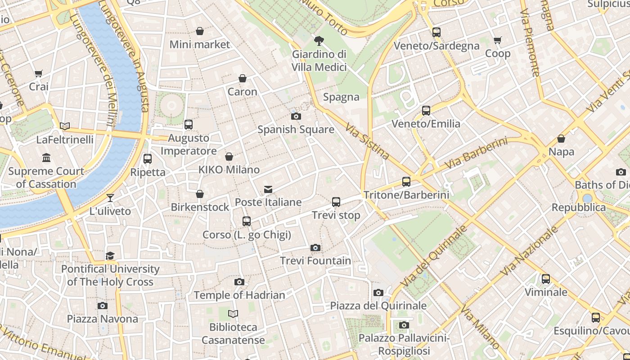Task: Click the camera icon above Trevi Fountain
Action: click(x=315, y=247)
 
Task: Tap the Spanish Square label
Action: click(x=296, y=130)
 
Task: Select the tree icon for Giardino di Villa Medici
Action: click(x=319, y=41)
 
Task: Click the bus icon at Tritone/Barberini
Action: click(x=406, y=182)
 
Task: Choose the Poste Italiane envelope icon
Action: click(x=268, y=189)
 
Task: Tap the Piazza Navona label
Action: click(x=103, y=319)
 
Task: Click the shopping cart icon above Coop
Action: click(x=498, y=40)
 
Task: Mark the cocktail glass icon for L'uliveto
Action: click(x=110, y=198)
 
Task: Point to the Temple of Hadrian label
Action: click(x=239, y=295)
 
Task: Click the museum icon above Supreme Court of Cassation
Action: click(x=46, y=158)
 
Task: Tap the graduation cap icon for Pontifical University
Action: click(x=110, y=256)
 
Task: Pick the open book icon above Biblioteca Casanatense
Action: click(x=233, y=314)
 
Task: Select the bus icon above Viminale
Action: click(x=546, y=279)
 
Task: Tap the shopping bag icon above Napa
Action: click(x=561, y=139)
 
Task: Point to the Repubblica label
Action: click(x=579, y=207)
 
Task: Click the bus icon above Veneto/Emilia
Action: click(x=426, y=110)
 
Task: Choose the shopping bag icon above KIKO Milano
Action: click(x=229, y=157)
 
